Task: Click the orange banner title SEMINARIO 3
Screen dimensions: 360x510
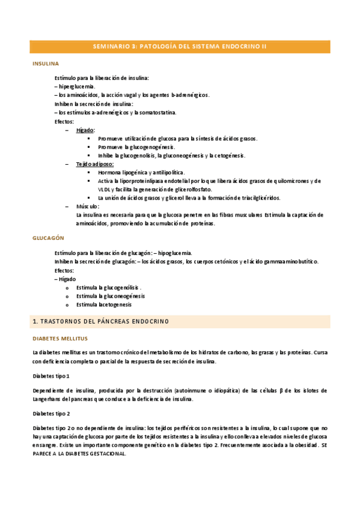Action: [180, 46]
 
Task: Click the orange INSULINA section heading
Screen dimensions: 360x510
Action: [45, 63]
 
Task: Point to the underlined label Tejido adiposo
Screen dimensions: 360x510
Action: [94, 164]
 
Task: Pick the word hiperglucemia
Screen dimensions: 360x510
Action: [76, 87]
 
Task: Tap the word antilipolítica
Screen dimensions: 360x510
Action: [162, 172]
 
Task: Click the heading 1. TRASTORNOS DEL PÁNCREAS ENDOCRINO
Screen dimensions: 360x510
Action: [101, 321]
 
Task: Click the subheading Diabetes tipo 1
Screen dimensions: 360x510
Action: [51, 376]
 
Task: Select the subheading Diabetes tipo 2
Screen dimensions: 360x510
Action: [51, 413]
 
